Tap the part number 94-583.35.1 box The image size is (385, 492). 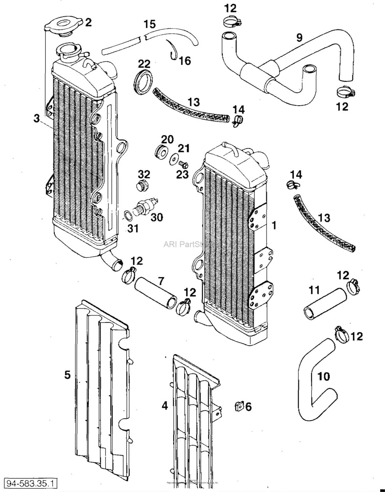(31, 483)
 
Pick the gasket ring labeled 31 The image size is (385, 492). (127, 216)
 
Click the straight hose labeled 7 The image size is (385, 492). (155, 292)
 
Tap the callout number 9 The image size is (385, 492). (299, 37)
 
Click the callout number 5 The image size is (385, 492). (67, 374)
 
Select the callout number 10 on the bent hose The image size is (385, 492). (323, 376)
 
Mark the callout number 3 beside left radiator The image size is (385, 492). (36, 119)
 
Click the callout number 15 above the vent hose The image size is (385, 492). (150, 24)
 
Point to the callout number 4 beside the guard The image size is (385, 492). (165, 406)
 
